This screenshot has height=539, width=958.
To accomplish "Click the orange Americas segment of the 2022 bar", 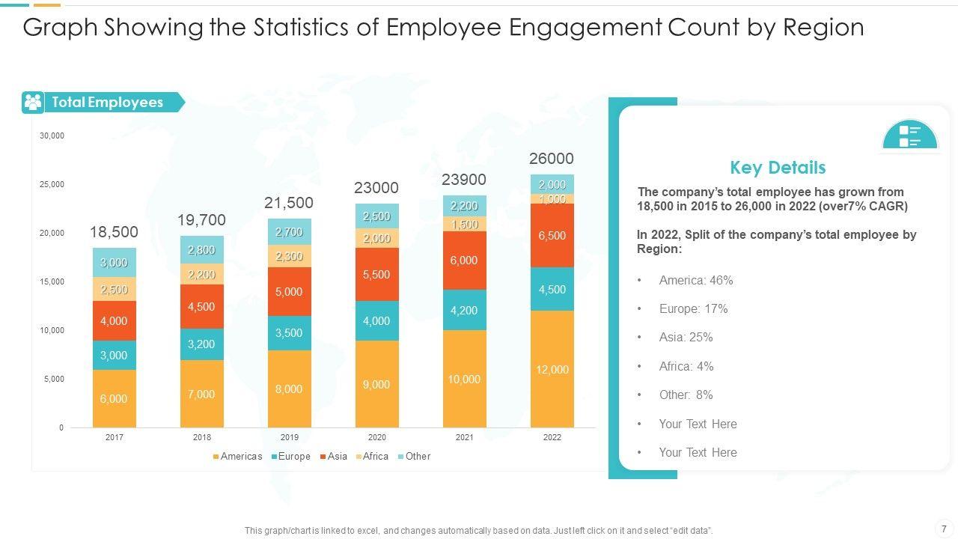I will click(552, 369).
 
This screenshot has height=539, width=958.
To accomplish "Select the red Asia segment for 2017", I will click(114, 320).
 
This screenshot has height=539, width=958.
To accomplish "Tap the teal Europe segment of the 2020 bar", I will click(376, 320).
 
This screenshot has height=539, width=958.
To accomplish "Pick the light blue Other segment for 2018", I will click(201, 250).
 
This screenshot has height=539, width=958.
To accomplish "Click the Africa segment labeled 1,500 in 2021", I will click(464, 224).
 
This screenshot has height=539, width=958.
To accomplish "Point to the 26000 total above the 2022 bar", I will click(552, 159).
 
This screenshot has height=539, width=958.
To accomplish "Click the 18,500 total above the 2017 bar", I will click(114, 232).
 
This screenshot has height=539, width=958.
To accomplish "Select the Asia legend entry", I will click(334, 456).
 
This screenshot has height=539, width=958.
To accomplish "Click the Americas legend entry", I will click(237, 456).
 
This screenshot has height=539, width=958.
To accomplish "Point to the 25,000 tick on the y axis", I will click(52, 184).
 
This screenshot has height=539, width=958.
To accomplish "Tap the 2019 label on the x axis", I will click(289, 437).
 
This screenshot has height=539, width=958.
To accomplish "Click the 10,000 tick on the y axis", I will click(52, 330).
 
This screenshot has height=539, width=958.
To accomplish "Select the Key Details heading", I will click(778, 168).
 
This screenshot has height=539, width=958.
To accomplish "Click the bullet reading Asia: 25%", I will click(686, 338).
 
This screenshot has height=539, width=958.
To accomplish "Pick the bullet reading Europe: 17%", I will click(693, 308).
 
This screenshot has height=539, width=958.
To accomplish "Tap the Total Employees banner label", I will click(107, 103).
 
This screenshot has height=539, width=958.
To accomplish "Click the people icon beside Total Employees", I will click(33, 103).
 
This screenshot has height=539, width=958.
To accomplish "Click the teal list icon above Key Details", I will click(909, 135).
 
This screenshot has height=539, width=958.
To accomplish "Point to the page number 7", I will click(944, 529).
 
